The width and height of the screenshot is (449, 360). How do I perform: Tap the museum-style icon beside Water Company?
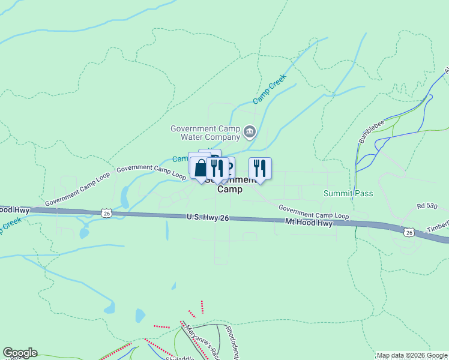pyautogui.click(x=250, y=130)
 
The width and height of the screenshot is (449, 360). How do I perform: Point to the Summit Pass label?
pyautogui.click(x=348, y=193)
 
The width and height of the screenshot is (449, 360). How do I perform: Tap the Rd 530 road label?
pyautogui.click(x=427, y=206)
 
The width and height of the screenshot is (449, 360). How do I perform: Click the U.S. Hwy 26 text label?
pyautogui.click(x=208, y=218)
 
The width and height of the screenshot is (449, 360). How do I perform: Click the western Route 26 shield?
pyautogui.click(x=106, y=212)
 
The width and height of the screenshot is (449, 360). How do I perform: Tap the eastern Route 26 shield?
pyautogui.click(x=409, y=232)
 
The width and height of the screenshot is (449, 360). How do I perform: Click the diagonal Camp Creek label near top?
pyautogui.click(x=270, y=89)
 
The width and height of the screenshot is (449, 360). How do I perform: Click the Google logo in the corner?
pyautogui.click(x=20, y=353)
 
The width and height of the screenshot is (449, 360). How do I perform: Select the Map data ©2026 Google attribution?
pyautogui.click(x=412, y=355)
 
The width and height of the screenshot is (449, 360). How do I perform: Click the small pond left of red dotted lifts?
pyautogui.click(x=140, y=316)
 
